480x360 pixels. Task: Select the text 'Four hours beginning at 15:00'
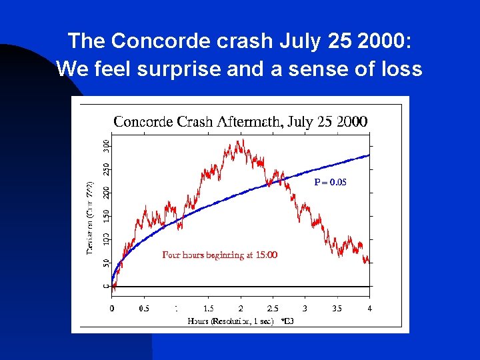219,255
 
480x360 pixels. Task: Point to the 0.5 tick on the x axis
143,309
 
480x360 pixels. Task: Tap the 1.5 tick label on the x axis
208,309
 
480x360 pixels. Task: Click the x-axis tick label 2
241,309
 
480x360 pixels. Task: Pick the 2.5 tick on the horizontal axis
273,309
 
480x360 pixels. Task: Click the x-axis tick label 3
305,309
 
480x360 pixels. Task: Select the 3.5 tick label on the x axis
337,309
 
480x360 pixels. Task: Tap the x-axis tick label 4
369,309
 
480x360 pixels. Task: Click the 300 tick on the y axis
107,143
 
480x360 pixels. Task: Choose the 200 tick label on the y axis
107,192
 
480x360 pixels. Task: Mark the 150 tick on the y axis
107,215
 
